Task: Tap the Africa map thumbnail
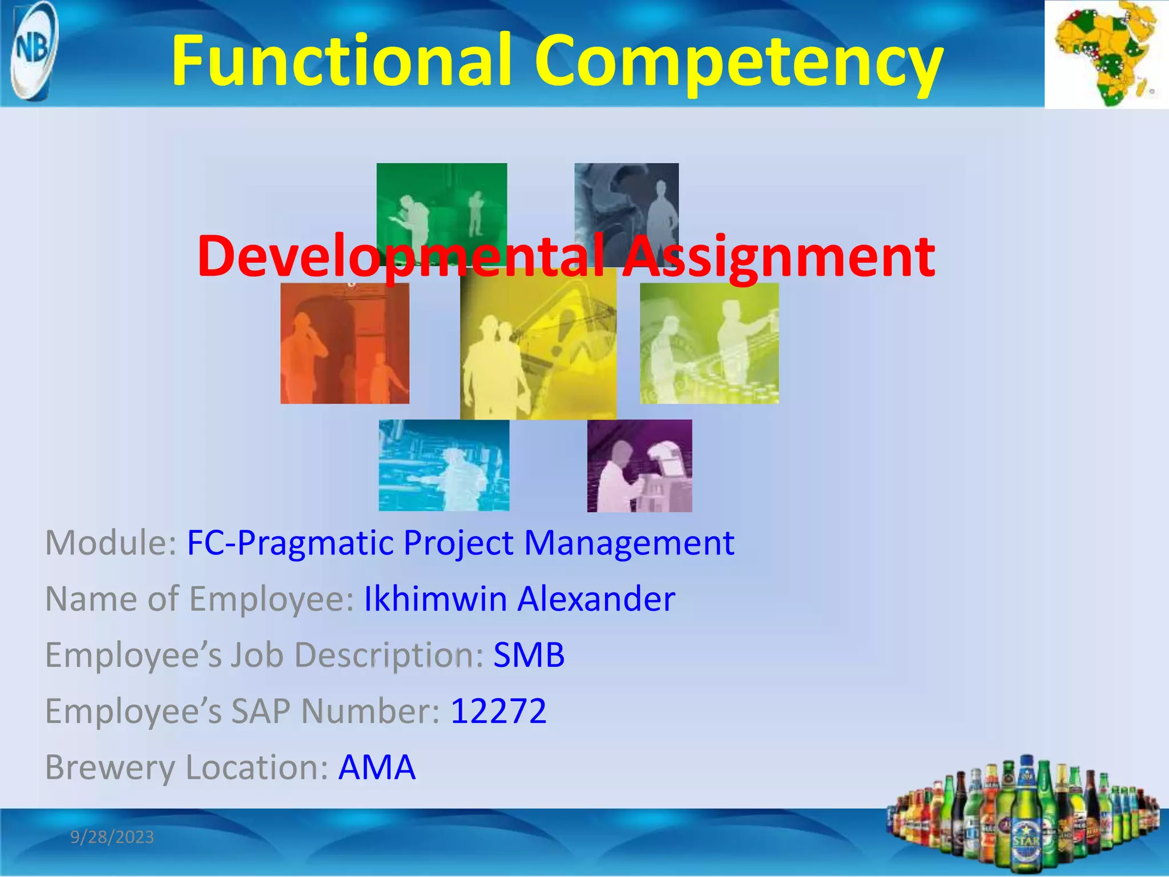click(1106, 54)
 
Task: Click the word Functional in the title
click(340, 61)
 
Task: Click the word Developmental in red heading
click(400, 256)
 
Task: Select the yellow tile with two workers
click(538, 348)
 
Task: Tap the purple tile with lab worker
click(639, 465)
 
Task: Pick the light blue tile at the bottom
click(444, 465)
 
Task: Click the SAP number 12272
click(498, 711)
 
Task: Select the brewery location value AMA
click(377, 767)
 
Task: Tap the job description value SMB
click(529, 655)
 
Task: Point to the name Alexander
click(596, 599)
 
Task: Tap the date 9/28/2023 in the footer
click(112, 837)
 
